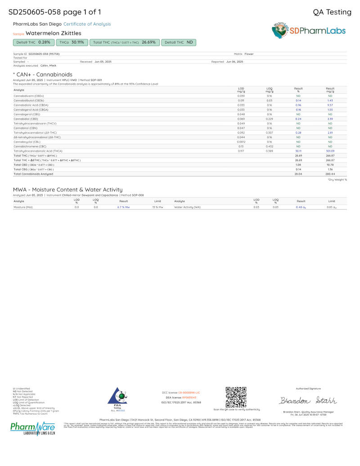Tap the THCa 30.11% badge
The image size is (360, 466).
tap(72, 42)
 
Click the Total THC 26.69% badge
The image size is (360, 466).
tap(124, 42)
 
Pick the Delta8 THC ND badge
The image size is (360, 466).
tap(179, 42)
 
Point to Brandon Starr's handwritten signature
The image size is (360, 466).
tap(308, 400)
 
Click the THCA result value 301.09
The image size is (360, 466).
tap(330, 151)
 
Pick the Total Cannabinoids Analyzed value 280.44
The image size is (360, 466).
tap(330, 174)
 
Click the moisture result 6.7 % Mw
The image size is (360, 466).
tap(123, 207)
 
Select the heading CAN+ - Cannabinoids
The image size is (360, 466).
tap(44, 74)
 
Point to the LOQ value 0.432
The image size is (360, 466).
tap(269, 146)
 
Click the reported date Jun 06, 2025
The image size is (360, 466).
tap(234, 61)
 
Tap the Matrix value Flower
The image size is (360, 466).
tap(249, 54)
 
